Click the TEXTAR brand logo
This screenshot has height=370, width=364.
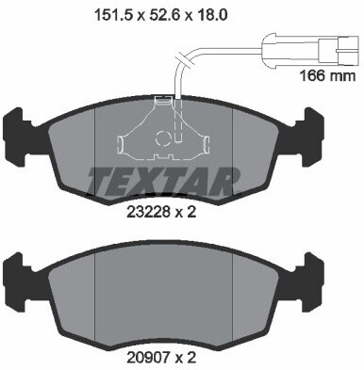point(166,178)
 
